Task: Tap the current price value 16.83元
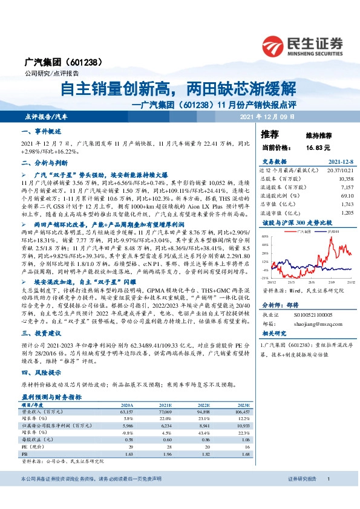coord(318,147)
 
